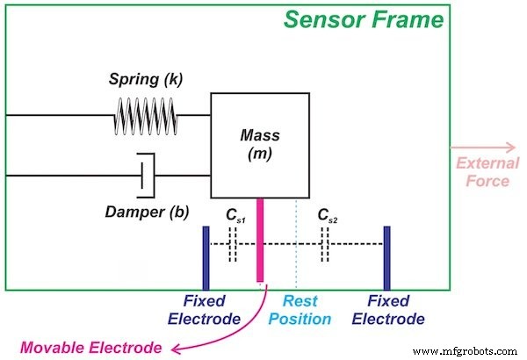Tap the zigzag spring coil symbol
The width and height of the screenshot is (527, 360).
(x=147, y=115)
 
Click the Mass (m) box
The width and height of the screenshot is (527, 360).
(x=259, y=145)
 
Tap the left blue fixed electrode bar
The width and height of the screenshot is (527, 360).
(x=206, y=255)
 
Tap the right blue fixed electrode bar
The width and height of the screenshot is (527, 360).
(x=386, y=255)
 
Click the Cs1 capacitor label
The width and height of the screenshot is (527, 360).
(x=233, y=216)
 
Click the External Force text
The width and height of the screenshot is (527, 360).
(x=484, y=172)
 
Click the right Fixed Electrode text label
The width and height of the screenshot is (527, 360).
(x=395, y=309)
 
